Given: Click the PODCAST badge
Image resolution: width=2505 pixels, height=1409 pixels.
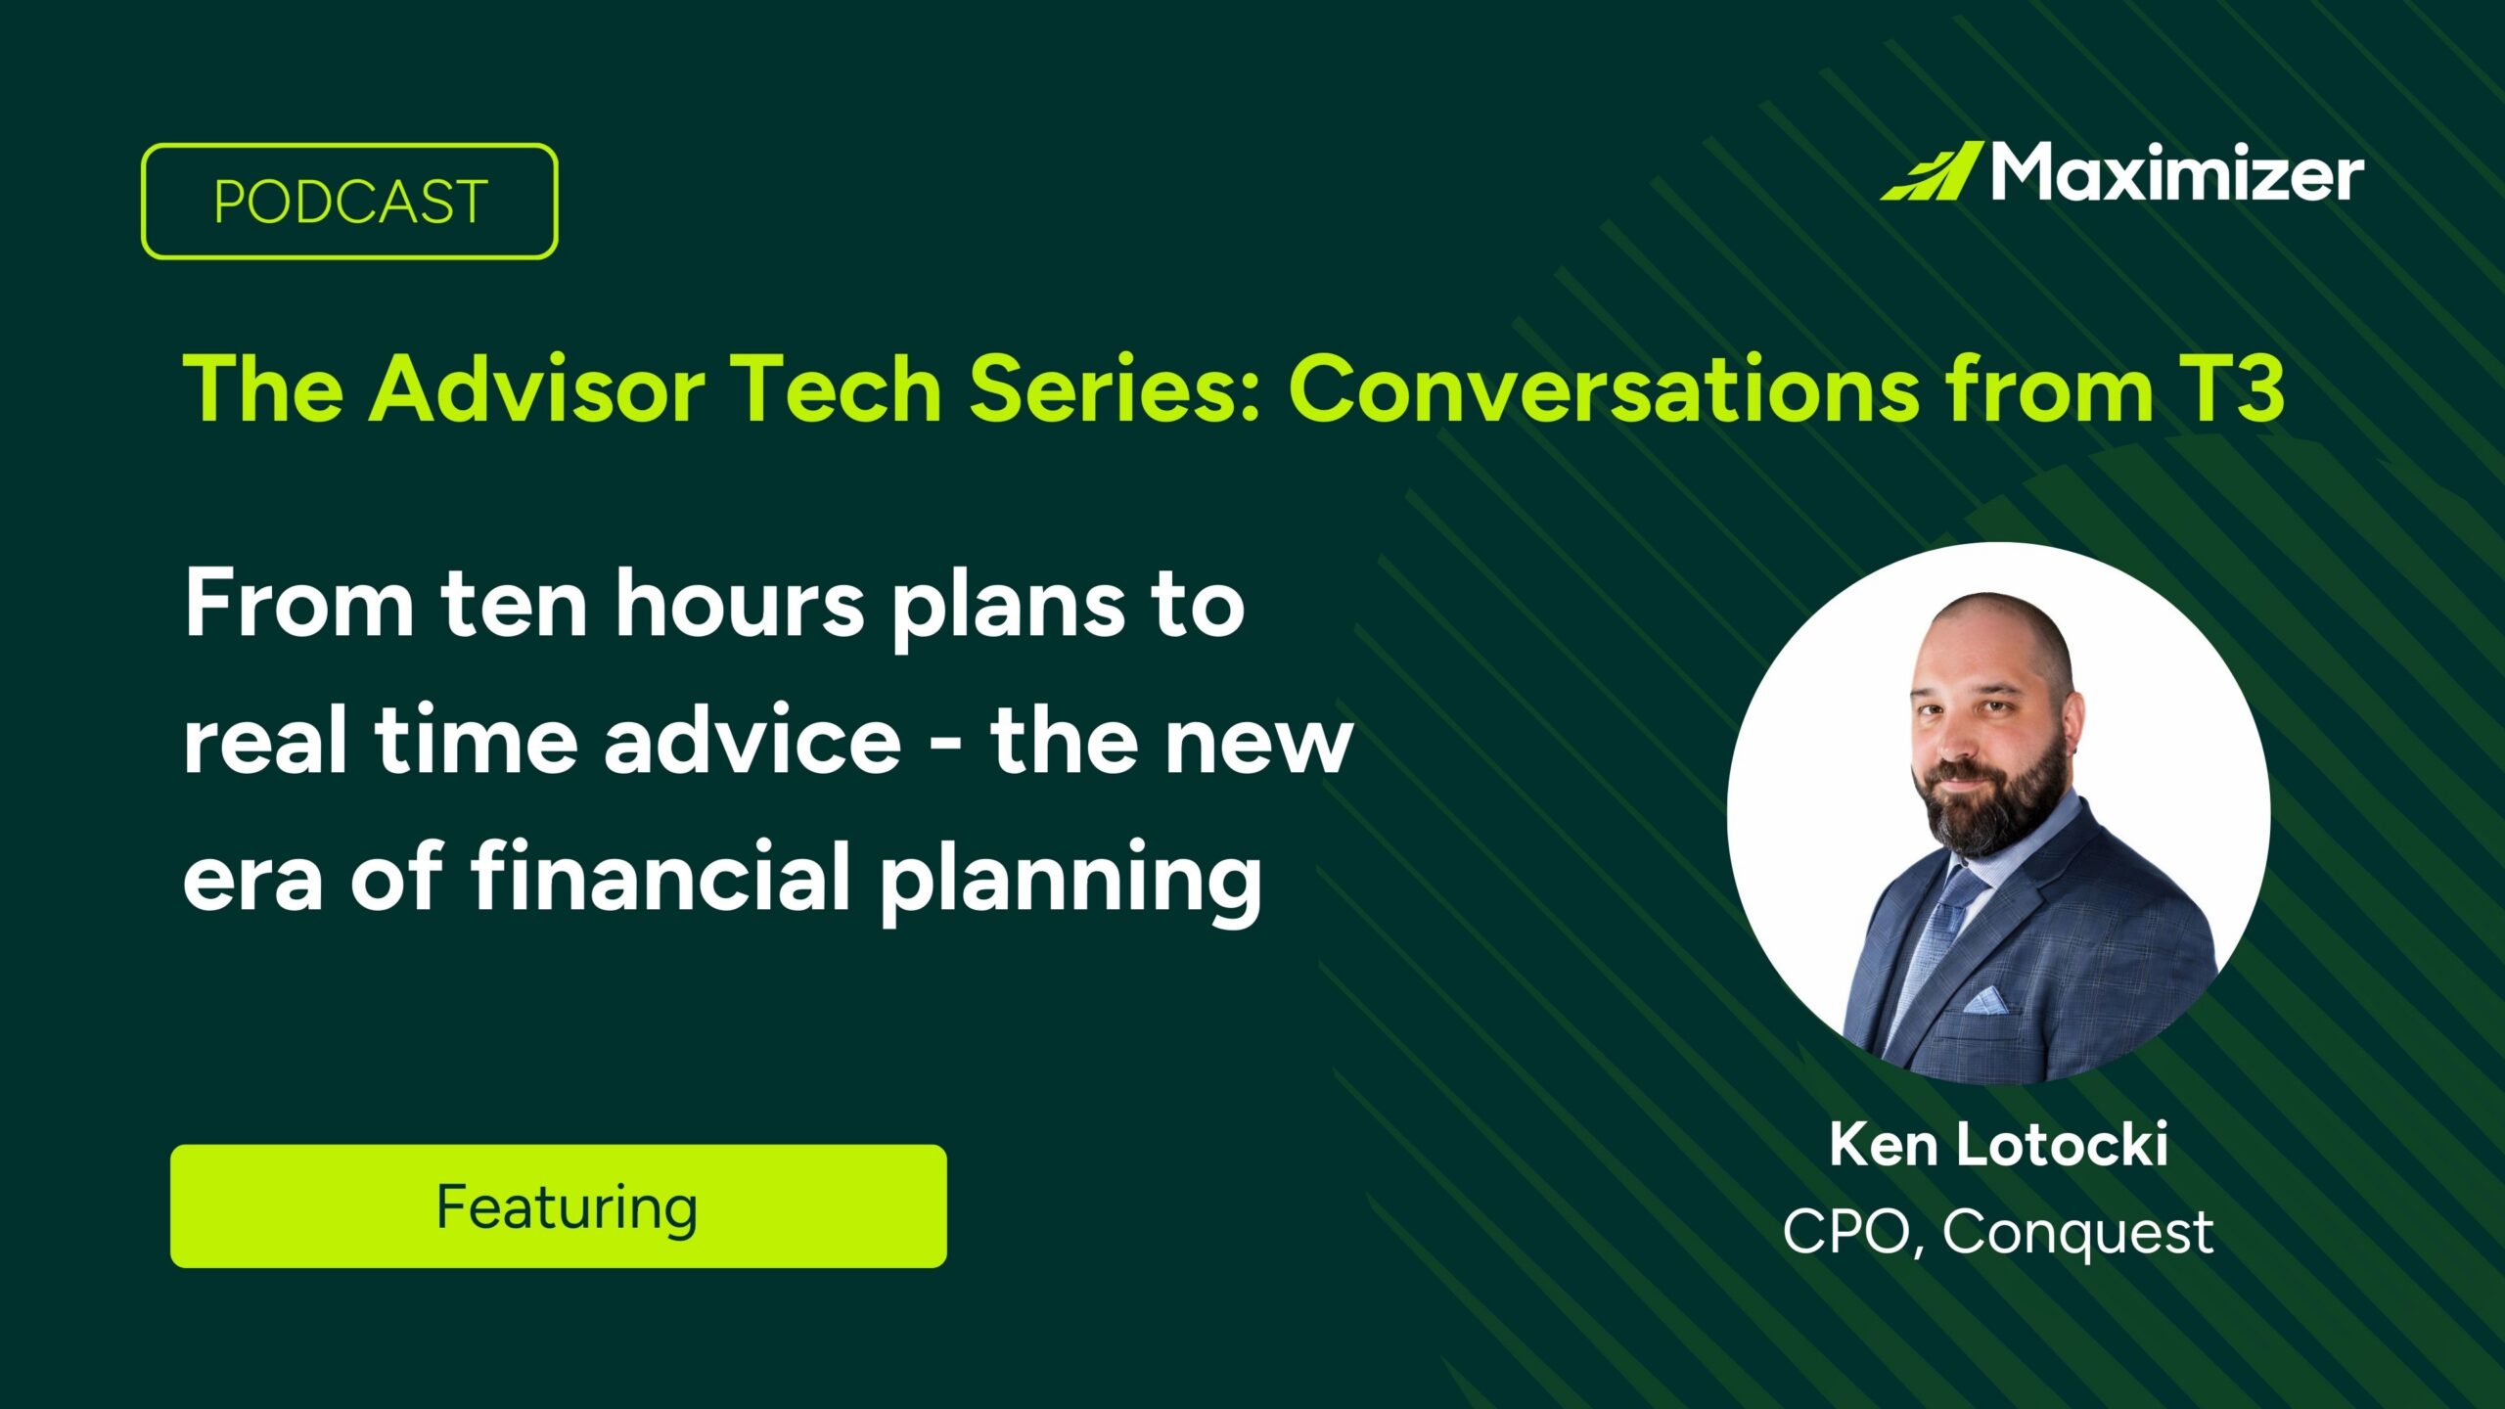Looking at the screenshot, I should [x=349, y=202].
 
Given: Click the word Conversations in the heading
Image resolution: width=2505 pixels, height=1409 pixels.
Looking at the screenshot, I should [x=1605, y=389].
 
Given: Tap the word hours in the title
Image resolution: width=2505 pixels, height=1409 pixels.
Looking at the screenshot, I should [x=739, y=605].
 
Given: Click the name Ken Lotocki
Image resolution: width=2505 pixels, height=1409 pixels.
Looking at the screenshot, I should [x=1998, y=1144].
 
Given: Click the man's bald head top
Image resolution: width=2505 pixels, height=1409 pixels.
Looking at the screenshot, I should [x=1996, y=626].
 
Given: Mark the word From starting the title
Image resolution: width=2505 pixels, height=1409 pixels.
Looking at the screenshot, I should [x=298, y=605].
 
